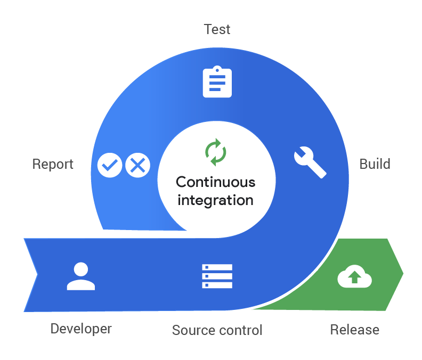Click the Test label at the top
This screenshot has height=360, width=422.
(x=217, y=29)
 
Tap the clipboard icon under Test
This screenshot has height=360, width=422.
(x=217, y=81)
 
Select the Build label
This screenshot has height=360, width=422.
(x=375, y=163)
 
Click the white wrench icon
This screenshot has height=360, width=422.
(x=310, y=162)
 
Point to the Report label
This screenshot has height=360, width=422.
(x=53, y=163)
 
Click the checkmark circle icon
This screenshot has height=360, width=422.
(x=110, y=166)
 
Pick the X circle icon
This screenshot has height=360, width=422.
(x=138, y=166)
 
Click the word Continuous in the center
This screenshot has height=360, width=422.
(x=215, y=182)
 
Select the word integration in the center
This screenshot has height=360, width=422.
(x=215, y=200)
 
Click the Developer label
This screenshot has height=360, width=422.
(x=81, y=329)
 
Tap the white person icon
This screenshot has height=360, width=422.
(x=81, y=276)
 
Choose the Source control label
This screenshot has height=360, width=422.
(x=217, y=330)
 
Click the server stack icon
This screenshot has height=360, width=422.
(x=217, y=276)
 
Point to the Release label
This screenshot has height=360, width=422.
(x=354, y=330)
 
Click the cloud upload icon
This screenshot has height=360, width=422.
(x=354, y=277)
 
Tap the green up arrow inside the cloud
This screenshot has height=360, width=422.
(x=354, y=277)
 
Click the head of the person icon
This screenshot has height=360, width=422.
(x=81, y=269)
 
